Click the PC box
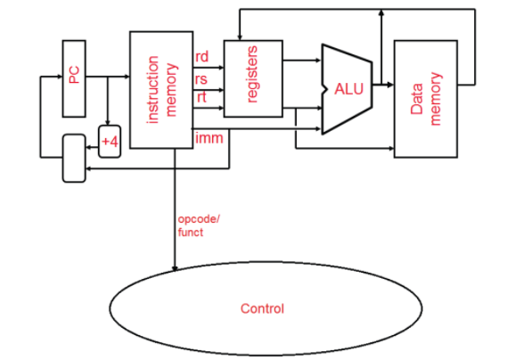coord(74,78)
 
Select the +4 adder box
coord(109,142)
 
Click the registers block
coord(252,78)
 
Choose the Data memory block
coord(426,98)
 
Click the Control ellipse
coord(263,308)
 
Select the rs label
coord(201,78)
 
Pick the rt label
coord(200,97)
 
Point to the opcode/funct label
coord(195,225)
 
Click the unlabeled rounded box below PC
coord(74,159)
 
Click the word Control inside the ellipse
coord(263,308)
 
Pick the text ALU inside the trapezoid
coord(350,89)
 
